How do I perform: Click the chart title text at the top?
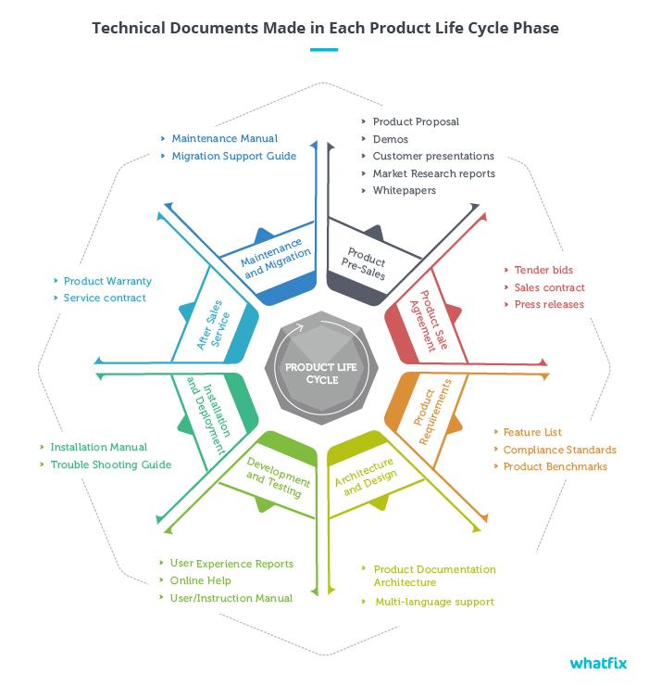pos(325,27)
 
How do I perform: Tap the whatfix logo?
pos(599,663)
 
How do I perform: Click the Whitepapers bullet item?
pos(404,190)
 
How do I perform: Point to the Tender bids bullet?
pos(543,270)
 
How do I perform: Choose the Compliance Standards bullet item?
pos(559,450)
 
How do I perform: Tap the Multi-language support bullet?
pos(434,602)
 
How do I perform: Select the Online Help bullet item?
pos(200,580)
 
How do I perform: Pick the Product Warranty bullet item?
pos(107,281)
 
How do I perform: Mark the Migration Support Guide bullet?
pos(233,156)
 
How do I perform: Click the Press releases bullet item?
pos(549,304)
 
